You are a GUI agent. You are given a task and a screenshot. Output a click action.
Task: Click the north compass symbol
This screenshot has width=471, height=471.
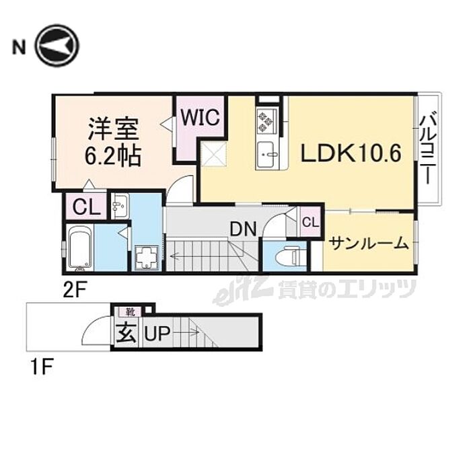pos(57,46)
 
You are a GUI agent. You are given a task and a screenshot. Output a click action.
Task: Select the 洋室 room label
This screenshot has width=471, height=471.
pos(112,129)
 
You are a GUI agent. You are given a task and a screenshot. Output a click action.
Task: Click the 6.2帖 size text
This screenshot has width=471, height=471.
pos(113,156)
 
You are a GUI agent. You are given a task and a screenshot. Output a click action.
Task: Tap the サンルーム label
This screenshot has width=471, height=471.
pos(369,243)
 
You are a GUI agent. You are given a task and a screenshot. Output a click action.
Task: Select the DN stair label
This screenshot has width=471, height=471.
pos(244,229)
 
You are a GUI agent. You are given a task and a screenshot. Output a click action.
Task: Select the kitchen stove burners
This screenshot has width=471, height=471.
pos(264,121)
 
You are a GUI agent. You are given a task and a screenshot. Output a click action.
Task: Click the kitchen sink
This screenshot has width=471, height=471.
pos(266,154)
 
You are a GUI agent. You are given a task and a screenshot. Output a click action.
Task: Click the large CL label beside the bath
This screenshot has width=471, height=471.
pos(85,207)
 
